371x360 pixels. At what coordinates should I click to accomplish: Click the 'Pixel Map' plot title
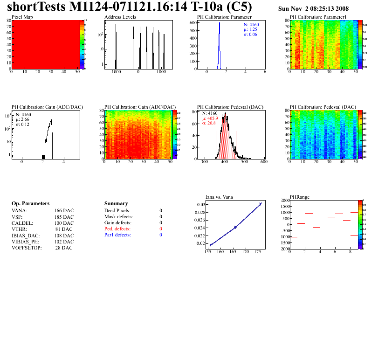click(x=22, y=17)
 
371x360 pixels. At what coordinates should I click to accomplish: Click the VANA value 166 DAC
click(x=64, y=211)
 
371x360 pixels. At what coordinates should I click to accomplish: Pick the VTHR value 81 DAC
click(x=64, y=229)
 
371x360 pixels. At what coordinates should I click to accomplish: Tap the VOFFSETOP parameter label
click(x=27, y=248)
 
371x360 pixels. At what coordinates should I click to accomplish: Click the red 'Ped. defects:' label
click(x=117, y=229)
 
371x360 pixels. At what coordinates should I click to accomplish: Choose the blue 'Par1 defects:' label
click(x=117, y=235)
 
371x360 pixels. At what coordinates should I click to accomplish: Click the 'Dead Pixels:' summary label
click(x=117, y=211)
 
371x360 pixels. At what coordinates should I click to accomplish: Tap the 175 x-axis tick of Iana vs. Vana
click(x=258, y=252)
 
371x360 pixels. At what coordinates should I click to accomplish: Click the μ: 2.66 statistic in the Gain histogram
click(x=22, y=119)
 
